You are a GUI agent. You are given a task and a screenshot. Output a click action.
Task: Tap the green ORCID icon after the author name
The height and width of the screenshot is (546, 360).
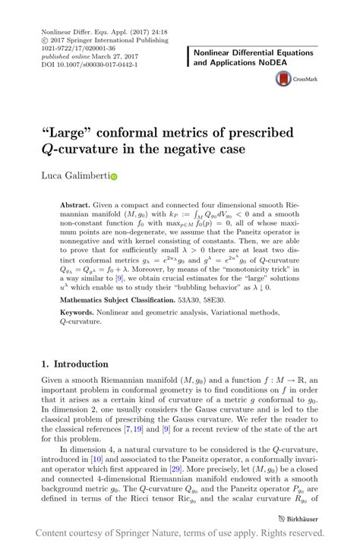(x=115, y=177)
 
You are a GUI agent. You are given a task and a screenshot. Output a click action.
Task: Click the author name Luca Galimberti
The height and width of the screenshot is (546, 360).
(x=74, y=176)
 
